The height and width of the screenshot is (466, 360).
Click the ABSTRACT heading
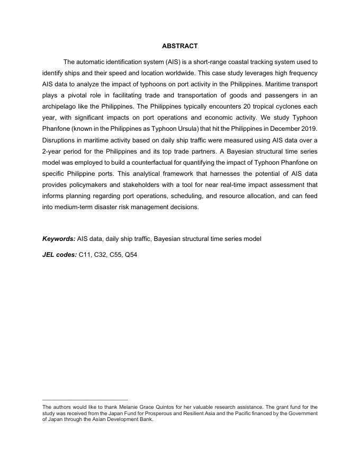[180, 47]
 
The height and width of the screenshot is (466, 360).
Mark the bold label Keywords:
[59, 239]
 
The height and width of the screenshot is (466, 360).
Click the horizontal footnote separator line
[85, 400]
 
